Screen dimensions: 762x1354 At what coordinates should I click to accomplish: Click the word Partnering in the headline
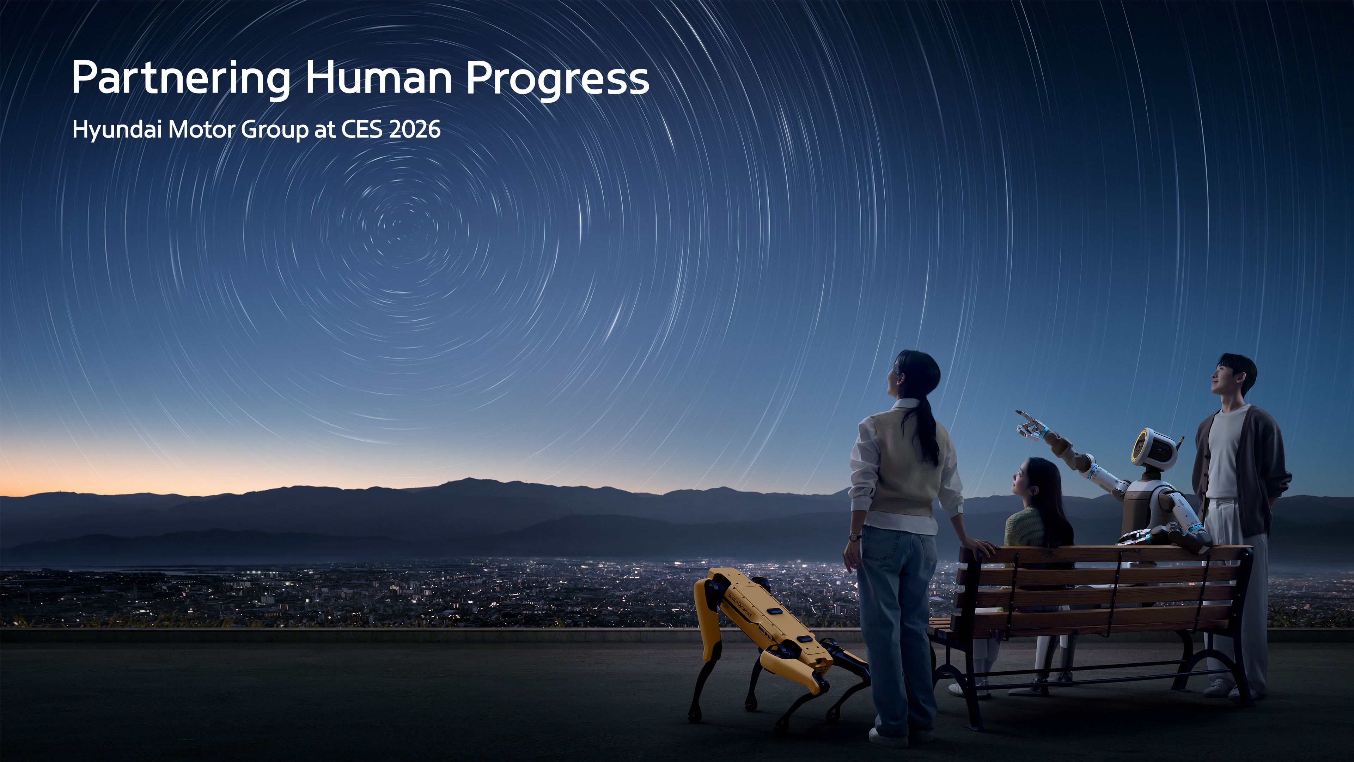[180, 78]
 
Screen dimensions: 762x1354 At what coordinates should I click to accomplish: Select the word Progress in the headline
[557, 79]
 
